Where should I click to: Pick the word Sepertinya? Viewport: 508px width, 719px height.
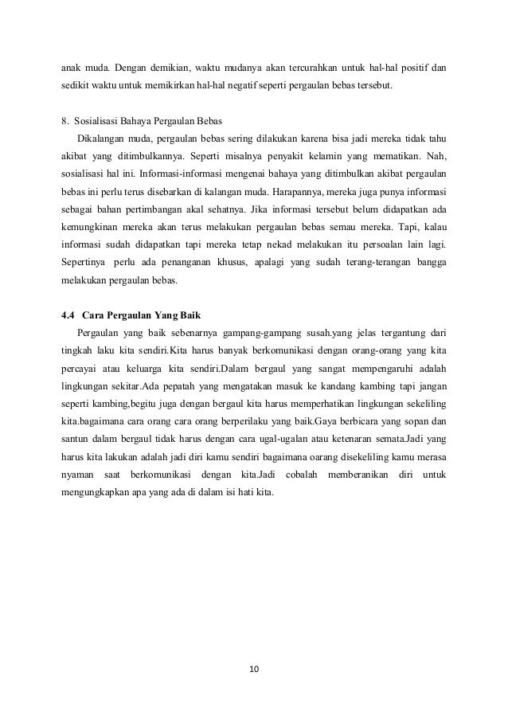click(x=82, y=262)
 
